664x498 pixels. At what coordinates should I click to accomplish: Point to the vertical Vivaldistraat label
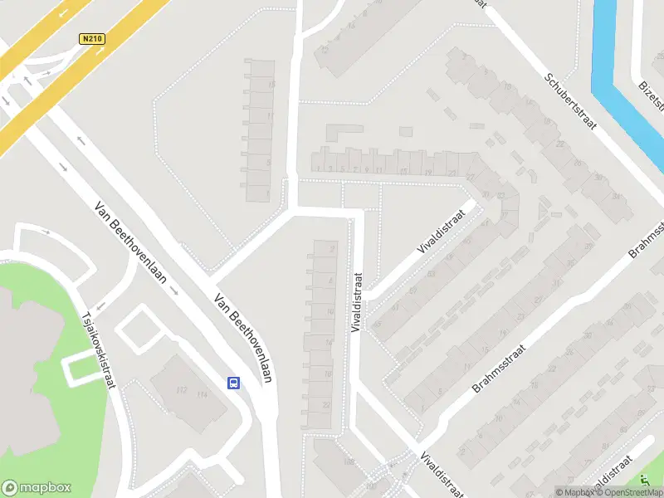pyautogui.click(x=357, y=304)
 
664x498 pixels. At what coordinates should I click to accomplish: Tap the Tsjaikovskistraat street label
pyautogui.click(x=97, y=349)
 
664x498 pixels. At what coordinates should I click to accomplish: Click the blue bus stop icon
pyautogui.click(x=234, y=383)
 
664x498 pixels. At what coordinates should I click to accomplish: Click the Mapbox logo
pyautogui.click(x=37, y=488)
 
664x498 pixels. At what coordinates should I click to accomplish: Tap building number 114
pyautogui.click(x=202, y=396)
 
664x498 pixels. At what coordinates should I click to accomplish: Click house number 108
pyautogui.click(x=349, y=461)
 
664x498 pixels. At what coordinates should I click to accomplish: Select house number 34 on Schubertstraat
pyautogui.click(x=615, y=196)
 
